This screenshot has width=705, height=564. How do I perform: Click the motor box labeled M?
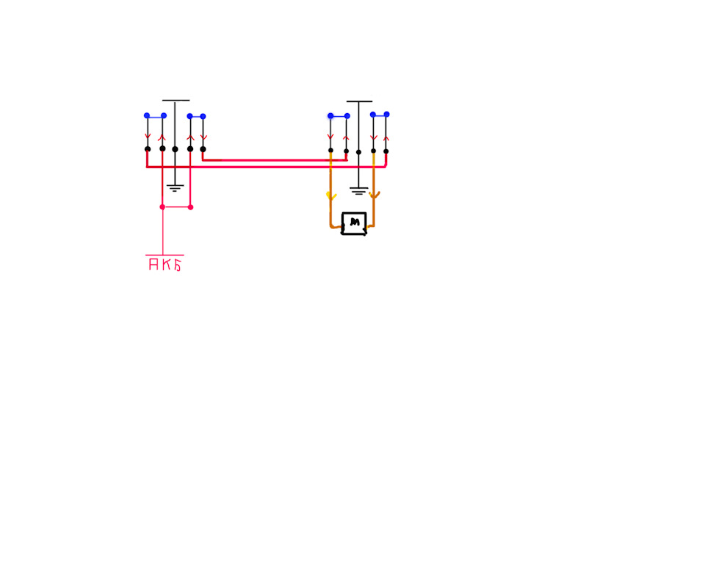click(354, 223)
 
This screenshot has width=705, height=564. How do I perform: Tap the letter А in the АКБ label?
click(153, 264)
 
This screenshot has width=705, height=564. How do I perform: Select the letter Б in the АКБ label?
click(178, 265)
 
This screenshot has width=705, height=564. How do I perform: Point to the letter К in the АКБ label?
click(166, 264)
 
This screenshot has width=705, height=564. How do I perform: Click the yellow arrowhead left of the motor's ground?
click(331, 196)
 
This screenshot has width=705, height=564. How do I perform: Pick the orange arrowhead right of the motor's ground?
click(374, 195)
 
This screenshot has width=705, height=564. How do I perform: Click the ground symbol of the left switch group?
click(175, 188)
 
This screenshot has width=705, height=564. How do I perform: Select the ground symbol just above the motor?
click(358, 191)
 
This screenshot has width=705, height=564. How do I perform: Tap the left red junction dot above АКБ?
click(162, 207)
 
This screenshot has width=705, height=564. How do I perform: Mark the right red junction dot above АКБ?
click(190, 207)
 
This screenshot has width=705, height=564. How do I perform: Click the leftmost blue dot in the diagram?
click(147, 115)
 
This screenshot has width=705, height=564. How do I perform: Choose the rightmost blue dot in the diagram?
click(387, 115)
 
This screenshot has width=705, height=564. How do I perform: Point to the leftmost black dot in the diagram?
click(148, 149)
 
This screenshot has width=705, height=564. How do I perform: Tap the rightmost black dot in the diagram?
click(386, 151)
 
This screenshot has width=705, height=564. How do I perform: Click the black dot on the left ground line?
click(175, 149)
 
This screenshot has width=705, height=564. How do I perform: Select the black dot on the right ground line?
click(358, 153)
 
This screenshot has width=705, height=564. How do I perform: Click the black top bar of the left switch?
click(176, 101)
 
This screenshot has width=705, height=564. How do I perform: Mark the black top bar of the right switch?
click(359, 101)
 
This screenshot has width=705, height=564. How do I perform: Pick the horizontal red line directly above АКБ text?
click(164, 255)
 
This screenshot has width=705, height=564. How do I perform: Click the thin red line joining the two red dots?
click(176, 207)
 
